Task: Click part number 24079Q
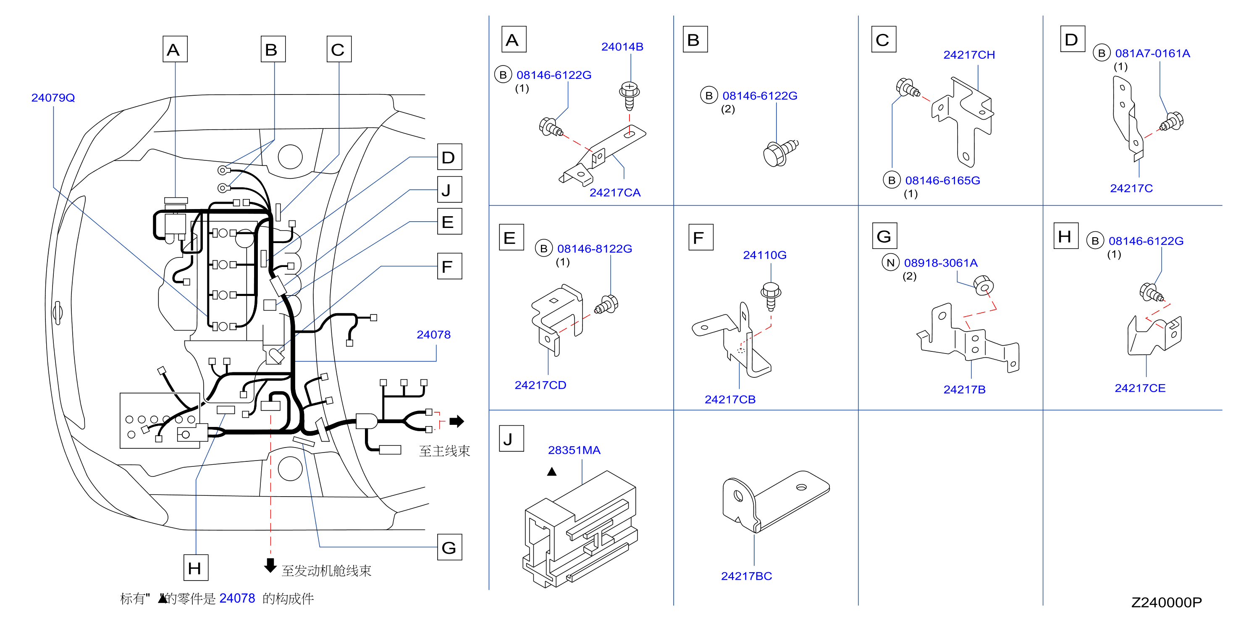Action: (53, 98)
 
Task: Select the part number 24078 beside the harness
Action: (433, 335)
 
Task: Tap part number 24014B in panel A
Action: (622, 47)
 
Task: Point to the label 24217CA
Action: (615, 193)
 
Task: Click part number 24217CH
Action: (969, 55)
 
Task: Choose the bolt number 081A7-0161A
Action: (1152, 54)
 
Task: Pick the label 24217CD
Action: (540, 385)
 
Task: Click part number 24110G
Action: (764, 255)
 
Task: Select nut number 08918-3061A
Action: (941, 263)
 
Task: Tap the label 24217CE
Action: (1140, 388)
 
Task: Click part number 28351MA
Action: (574, 450)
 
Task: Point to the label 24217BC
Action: (746, 576)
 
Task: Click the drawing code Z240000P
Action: (1166, 602)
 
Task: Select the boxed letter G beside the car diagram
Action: (449, 547)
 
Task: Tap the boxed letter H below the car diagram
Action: (196, 568)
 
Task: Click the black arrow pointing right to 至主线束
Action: (456, 421)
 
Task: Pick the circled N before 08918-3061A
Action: (890, 263)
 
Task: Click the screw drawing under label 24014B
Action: (629, 96)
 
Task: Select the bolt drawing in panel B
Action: (780, 152)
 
